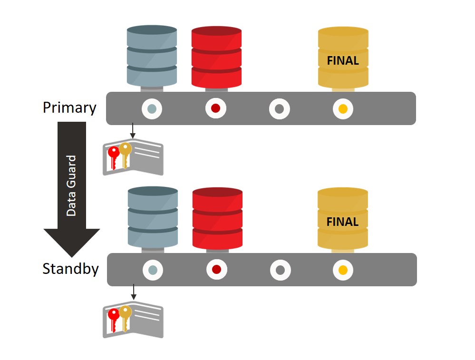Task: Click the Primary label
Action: coord(69,108)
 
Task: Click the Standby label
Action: coord(71,269)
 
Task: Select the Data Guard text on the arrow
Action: coord(71,185)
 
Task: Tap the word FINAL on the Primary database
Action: coord(343,61)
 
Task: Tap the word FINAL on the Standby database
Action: coord(342,222)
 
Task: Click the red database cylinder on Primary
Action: coord(216,57)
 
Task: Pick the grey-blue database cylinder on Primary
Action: coord(152,56)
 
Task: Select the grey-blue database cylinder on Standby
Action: coord(153,217)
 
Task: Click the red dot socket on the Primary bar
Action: coord(216,108)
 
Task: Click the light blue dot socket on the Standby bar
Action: coord(153,270)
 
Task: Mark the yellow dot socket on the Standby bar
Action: coord(343,270)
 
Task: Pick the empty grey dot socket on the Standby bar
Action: coord(280,270)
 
